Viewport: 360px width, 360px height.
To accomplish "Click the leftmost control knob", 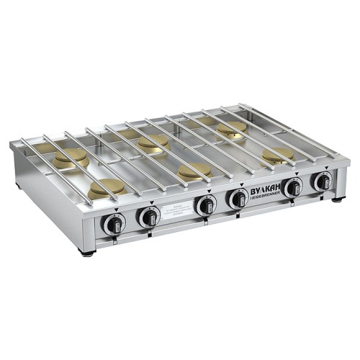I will point(114,225).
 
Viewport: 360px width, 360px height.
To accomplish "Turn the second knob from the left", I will point(150,216).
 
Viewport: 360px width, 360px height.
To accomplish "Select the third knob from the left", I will point(205,204).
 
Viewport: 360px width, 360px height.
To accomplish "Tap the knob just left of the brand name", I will point(237,198).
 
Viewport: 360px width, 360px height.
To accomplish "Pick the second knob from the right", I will point(292,187).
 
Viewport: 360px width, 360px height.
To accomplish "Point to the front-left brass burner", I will point(107,188).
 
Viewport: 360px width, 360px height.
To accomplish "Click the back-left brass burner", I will point(71,158).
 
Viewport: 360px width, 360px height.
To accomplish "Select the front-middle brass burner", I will point(194,171).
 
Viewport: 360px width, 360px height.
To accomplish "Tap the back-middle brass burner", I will point(153,143).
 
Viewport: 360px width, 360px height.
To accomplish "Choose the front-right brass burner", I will point(278,155).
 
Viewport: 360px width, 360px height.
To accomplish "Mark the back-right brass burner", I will point(231,129).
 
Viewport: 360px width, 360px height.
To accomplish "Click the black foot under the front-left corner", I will point(87,253).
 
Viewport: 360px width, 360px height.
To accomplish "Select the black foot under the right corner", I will point(337,199).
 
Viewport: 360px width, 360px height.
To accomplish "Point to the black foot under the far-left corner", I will point(17,186).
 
